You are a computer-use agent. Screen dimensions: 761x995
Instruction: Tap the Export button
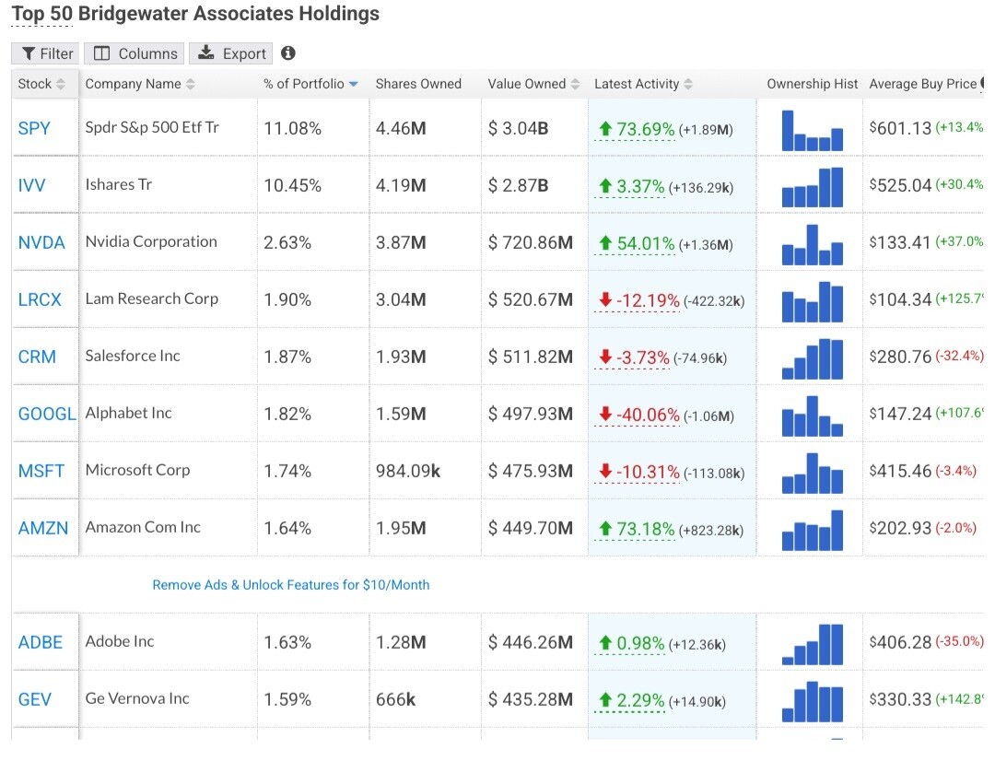(x=233, y=53)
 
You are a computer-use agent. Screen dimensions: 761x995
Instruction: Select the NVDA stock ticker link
(x=41, y=242)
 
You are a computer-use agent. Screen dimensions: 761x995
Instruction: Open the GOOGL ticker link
(x=47, y=414)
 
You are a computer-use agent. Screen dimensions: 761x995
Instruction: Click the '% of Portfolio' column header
(x=304, y=84)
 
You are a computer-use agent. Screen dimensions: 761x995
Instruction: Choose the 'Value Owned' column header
(x=527, y=84)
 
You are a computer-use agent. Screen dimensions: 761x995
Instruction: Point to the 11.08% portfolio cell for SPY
(x=292, y=128)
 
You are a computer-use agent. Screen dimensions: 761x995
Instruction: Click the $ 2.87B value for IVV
(x=518, y=185)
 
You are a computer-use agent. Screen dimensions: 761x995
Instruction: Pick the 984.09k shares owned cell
(x=407, y=471)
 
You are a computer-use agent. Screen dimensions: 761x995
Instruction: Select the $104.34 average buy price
(x=900, y=299)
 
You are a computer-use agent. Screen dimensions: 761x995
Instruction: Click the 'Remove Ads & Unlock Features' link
(x=291, y=585)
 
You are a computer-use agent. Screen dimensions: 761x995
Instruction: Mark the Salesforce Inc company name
(x=133, y=356)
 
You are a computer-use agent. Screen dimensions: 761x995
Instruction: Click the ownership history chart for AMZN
(x=812, y=530)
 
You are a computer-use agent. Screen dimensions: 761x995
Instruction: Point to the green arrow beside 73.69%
(x=605, y=129)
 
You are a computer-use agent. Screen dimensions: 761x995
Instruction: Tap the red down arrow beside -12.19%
(x=605, y=299)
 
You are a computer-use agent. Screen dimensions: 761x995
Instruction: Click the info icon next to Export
(x=288, y=53)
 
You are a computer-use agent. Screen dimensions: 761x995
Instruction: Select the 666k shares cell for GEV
(x=395, y=699)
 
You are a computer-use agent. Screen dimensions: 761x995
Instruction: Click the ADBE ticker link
(x=41, y=642)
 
